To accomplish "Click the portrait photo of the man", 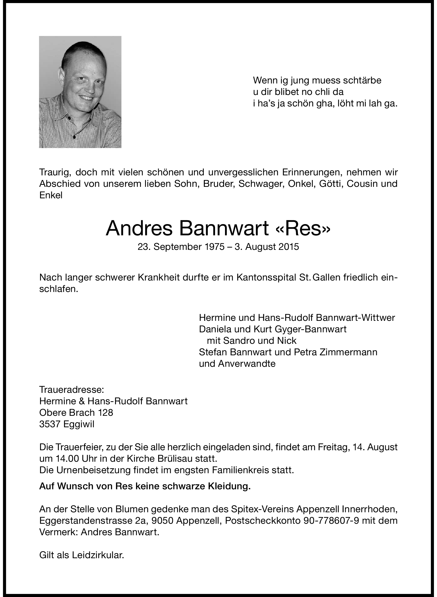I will (x=80, y=92).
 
